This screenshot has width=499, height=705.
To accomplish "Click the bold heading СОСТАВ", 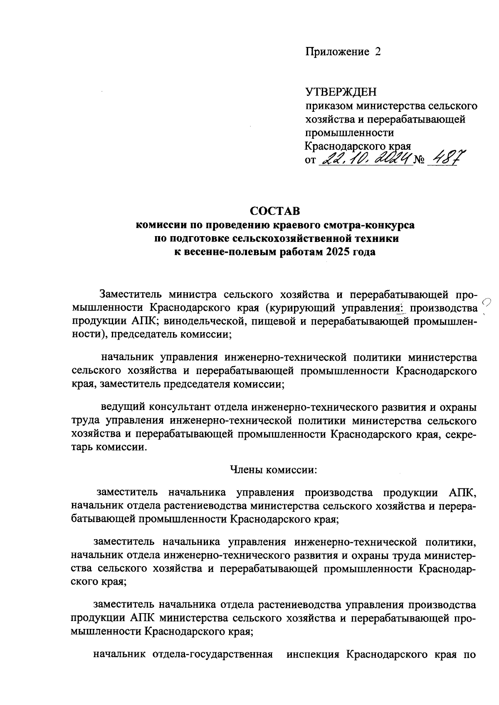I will [274, 212].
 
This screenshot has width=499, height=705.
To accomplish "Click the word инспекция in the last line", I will [311, 655].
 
